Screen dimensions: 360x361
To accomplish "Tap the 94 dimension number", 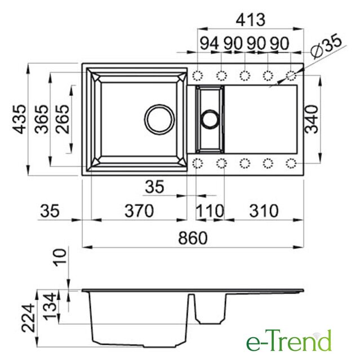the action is click(209, 43).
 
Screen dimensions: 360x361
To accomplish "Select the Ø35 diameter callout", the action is click(326, 46).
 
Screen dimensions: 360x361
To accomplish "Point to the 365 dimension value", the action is click(42, 119).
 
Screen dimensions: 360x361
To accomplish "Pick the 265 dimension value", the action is click(62, 119).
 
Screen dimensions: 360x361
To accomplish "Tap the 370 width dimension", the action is click(139, 210).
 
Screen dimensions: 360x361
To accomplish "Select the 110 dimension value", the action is click(210, 210).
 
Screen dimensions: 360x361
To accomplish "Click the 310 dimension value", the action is click(264, 210).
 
